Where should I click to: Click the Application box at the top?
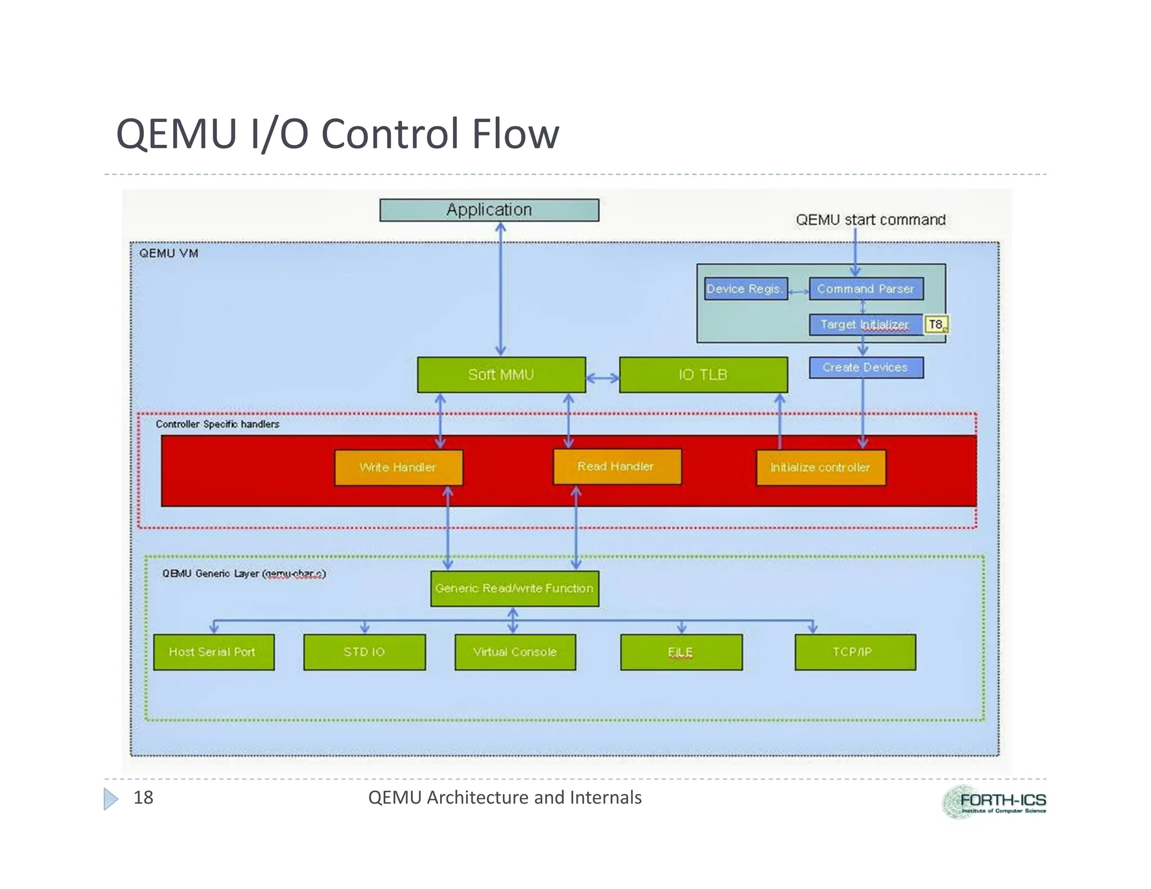[x=489, y=210]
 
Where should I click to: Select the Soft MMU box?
[x=501, y=375]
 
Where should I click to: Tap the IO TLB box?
[x=703, y=375]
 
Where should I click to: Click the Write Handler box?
[x=398, y=468]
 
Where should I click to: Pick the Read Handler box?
[x=617, y=466]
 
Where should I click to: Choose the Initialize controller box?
[x=821, y=468]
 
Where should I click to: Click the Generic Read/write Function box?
[x=514, y=588]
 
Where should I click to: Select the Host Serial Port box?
[x=214, y=652]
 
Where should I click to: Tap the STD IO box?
[x=364, y=652]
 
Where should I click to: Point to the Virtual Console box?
[x=515, y=652]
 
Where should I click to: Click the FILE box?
[x=681, y=652]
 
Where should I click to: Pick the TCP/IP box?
[x=854, y=652]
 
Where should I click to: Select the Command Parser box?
[x=865, y=289]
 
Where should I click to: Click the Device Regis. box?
[x=745, y=289]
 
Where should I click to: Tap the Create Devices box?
[x=865, y=368]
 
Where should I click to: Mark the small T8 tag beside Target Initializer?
[x=936, y=325]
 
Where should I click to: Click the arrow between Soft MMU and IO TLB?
[x=602, y=378]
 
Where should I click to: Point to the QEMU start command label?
[x=871, y=220]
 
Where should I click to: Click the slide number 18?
[x=143, y=797]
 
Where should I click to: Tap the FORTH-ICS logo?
[x=994, y=802]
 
